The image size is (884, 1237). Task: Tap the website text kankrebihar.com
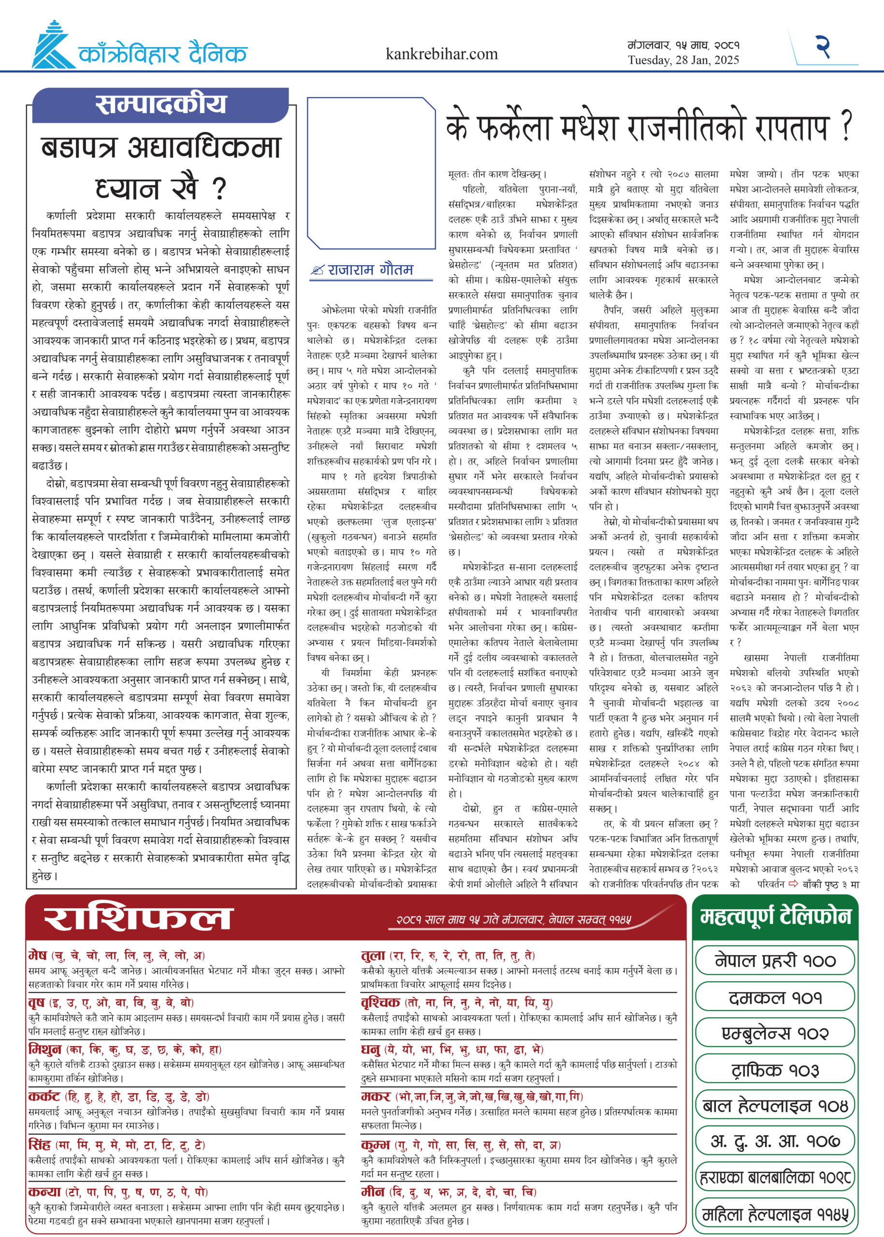click(x=441, y=54)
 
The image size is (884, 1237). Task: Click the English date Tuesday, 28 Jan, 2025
click(x=683, y=60)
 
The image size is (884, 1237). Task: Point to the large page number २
click(x=823, y=46)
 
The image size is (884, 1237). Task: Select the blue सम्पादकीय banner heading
click(x=160, y=104)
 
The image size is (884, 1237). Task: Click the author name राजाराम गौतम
click(x=370, y=270)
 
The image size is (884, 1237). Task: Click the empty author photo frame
click(x=371, y=173)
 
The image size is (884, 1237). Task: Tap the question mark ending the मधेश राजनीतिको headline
click(x=846, y=128)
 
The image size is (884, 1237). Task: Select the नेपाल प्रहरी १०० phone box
click(x=775, y=961)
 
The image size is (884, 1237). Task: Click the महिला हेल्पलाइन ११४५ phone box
click(x=775, y=1214)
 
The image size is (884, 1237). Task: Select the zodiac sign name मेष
click(x=38, y=955)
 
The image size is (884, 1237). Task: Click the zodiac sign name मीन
click(x=372, y=1192)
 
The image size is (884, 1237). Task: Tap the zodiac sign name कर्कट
click(x=44, y=1096)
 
